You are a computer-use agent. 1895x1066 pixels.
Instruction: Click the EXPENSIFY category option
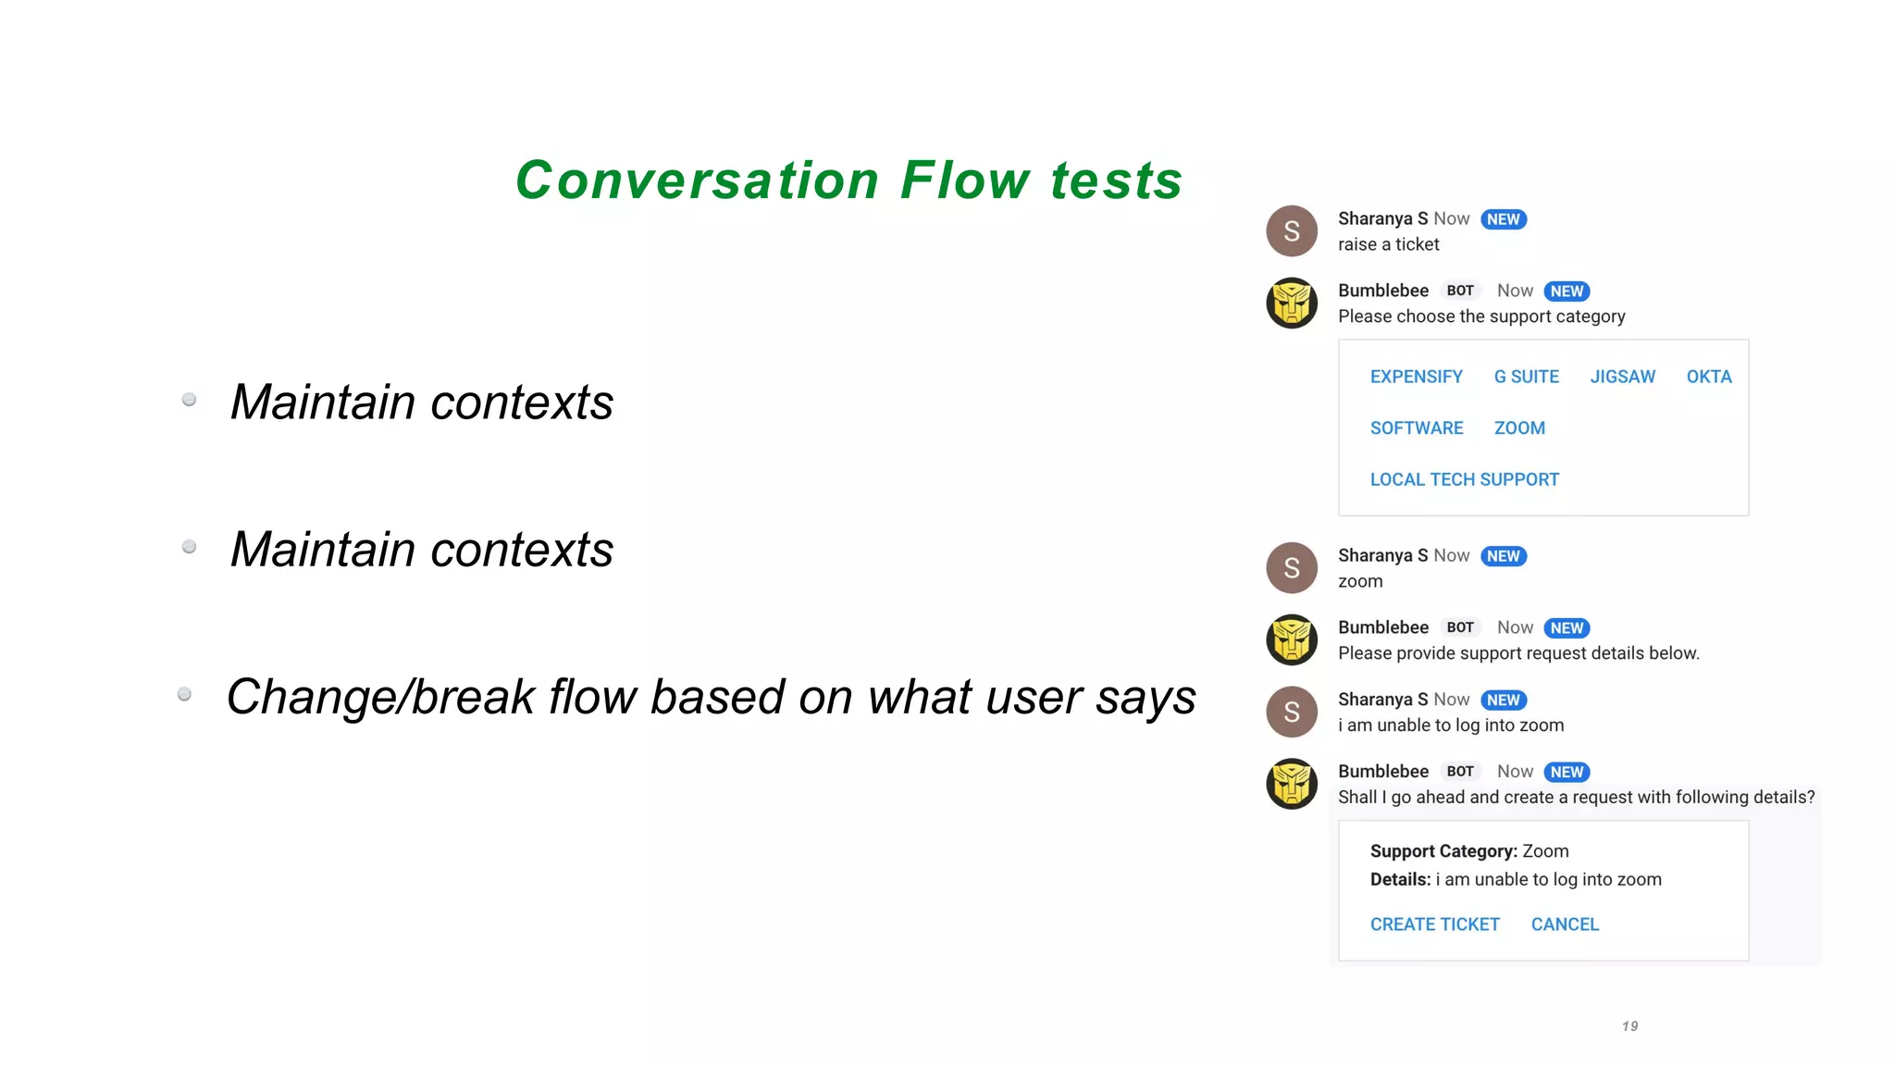(x=1416, y=377)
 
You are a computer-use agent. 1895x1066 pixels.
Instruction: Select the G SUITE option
(x=1526, y=377)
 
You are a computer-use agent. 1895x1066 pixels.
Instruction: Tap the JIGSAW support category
(x=1622, y=377)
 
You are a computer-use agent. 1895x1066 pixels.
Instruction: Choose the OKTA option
(x=1708, y=377)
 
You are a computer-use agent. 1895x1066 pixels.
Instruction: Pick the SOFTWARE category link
(x=1416, y=428)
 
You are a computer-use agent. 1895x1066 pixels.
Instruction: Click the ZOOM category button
(x=1519, y=428)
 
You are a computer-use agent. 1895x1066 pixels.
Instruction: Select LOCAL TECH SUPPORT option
(x=1464, y=479)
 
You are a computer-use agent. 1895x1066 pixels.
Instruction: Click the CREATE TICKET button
(x=1434, y=924)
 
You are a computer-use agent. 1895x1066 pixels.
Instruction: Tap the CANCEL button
(x=1565, y=924)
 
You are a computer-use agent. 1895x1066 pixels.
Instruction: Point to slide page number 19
(x=1630, y=1026)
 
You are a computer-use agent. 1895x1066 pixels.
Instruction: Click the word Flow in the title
(x=964, y=180)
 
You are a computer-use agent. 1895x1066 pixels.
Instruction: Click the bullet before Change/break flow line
(x=184, y=694)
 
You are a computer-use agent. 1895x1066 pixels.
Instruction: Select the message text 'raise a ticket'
(x=1388, y=244)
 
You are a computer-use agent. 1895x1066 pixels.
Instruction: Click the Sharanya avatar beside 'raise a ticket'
(x=1292, y=230)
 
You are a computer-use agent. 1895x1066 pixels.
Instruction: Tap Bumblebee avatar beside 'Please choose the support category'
(x=1292, y=303)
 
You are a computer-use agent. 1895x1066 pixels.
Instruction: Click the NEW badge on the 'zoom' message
(x=1503, y=556)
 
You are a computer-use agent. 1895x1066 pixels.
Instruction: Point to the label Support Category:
(x=1443, y=851)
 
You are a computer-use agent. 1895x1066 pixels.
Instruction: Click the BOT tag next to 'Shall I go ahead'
(x=1460, y=772)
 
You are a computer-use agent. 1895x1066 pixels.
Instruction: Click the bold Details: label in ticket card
(x=1400, y=880)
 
